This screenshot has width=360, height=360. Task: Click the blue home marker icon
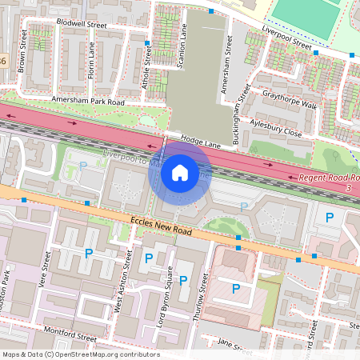coord(180,173)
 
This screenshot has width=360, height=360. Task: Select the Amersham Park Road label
coord(88,102)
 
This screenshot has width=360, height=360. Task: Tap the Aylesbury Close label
coord(276,128)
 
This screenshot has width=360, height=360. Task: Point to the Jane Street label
coord(234,346)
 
